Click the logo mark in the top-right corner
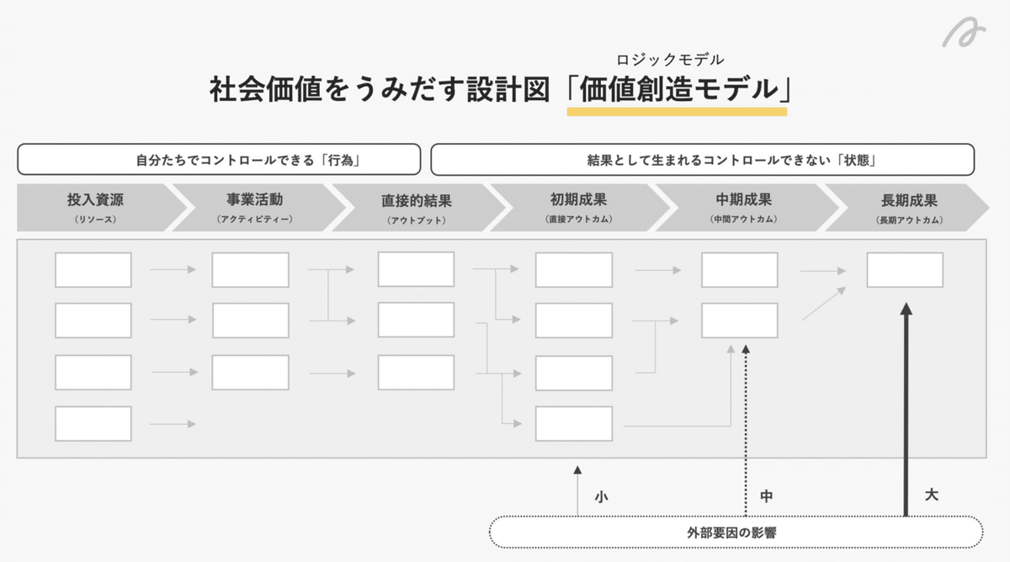[x=965, y=36]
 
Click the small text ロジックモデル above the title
[x=670, y=60]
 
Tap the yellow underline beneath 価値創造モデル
[x=677, y=111]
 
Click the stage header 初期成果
[x=577, y=201]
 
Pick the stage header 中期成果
[x=742, y=201]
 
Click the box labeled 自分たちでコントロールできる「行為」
[x=219, y=159]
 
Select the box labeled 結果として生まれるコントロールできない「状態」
[x=703, y=159]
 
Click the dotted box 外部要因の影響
[x=736, y=532]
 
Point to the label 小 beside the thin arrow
[x=601, y=496]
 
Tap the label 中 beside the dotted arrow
[x=766, y=496]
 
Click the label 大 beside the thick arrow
[x=931, y=495]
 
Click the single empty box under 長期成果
[x=905, y=270]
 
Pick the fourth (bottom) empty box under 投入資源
[x=93, y=424]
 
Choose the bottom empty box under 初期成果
[x=574, y=424]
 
